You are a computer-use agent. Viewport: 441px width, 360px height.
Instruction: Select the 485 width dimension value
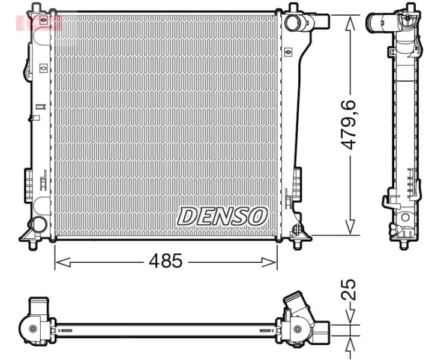pos(166,261)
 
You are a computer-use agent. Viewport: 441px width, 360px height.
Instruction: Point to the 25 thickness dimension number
pos(349,289)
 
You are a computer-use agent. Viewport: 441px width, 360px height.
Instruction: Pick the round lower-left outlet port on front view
pos(38,224)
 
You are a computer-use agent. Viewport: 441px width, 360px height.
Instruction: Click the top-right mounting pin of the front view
pos(293,8)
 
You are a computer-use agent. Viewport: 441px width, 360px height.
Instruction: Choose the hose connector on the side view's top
pos(381,23)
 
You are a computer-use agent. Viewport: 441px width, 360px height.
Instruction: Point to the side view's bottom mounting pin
pos(403,243)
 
